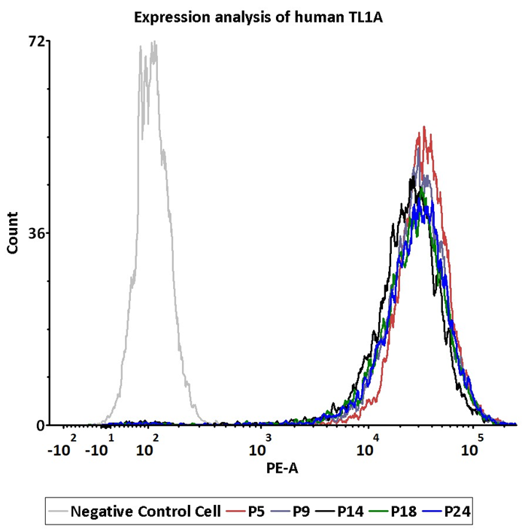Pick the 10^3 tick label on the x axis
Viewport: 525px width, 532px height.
pyautogui.click(x=259, y=448)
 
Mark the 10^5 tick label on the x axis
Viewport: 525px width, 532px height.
pyautogui.click(x=472, y=448)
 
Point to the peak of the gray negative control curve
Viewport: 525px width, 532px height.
pyautogui.click(x=154, y=42)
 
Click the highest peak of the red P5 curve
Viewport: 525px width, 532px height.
pyautogui.click(x=425, y=127)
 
